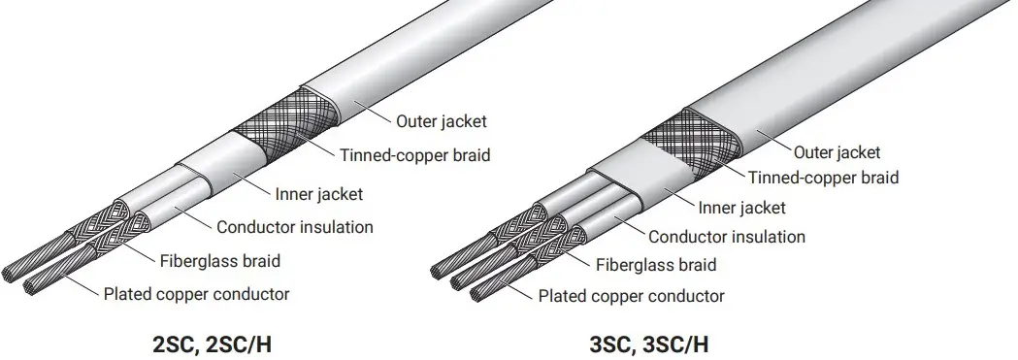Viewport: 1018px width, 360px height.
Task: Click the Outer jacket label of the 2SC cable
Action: (x=441, y=122)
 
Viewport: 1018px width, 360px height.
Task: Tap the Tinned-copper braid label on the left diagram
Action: (x=414, y=154)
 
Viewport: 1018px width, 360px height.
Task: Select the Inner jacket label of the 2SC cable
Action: (x=319, y=194)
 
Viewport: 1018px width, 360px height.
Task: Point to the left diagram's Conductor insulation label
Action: (x=294, y=228)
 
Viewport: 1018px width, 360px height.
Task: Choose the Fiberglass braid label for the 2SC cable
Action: (x=219, y=260)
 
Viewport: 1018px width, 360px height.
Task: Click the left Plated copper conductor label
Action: (x=196, y=294)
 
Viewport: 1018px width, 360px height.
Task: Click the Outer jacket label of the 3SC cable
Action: (x=837, y=152)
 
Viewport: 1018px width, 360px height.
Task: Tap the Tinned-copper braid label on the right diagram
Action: (x=823, y=178)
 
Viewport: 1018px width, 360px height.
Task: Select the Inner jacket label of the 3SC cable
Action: (x=742, y=208)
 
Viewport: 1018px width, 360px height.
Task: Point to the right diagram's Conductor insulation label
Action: (x=726, y=237)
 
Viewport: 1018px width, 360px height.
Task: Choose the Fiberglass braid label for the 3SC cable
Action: (x=656, y=265)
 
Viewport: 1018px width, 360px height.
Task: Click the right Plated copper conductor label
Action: (x=631, y=296)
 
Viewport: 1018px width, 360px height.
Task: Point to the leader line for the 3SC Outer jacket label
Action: (x=772, y=140)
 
